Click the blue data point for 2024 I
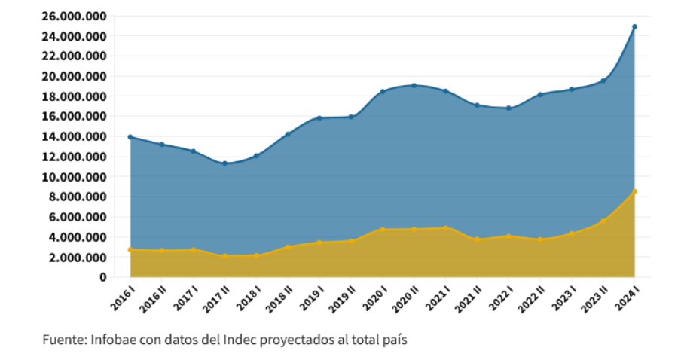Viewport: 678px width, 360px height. tap(634, 26)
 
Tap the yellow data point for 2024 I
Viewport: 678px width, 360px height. tap(634, 191)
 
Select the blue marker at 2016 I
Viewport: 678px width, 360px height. tap(130, 137)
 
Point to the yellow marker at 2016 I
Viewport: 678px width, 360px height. tap(130, 249)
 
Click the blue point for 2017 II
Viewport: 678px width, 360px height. tap(224, 163)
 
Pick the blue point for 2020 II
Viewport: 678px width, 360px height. tap(414, 85)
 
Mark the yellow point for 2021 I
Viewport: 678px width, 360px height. tap(445, 227)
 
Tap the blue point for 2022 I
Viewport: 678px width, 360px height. tap(508, 108)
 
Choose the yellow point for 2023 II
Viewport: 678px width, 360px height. tap(603, 221)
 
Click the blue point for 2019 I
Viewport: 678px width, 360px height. tap(319, 118)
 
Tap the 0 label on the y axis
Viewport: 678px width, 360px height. tap(103, 277)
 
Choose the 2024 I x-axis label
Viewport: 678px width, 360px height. tap(630, 296)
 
